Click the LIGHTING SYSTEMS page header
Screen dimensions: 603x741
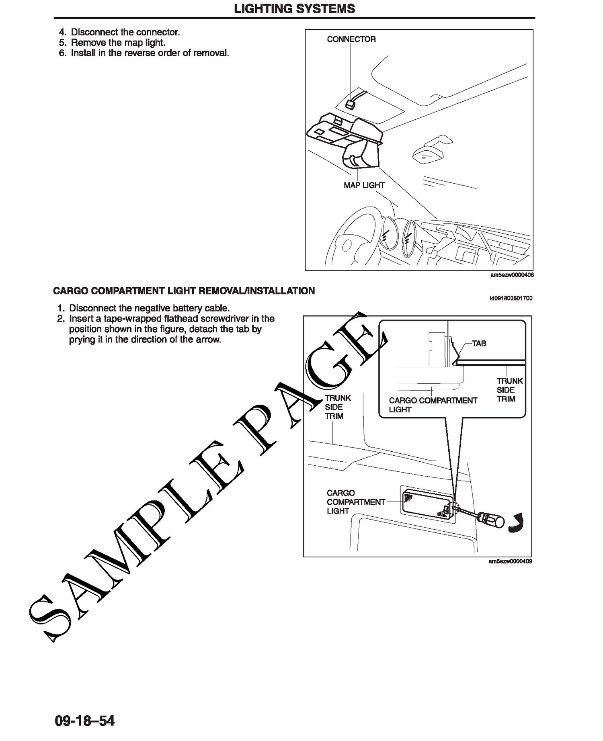coord(294,8)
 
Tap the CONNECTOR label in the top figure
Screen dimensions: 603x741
coord(351,39)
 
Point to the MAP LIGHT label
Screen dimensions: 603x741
coord(364,185)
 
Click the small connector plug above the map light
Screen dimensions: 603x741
coord(350,104)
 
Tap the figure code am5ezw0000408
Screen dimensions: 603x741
coord(511,275)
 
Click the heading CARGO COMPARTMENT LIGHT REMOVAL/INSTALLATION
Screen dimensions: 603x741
coord(184,291)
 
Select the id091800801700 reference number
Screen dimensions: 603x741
coord(511,298)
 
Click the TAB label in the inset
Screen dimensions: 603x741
coord(479,344)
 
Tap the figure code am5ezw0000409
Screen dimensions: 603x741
coord(511,561)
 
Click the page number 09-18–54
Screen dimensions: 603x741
coord(85,721)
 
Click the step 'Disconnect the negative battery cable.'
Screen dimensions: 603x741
coord(143,308)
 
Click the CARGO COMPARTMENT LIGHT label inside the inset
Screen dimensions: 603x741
coord(433,405)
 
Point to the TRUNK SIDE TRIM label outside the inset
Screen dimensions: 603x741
coord(338,407)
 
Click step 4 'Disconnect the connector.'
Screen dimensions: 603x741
coord(119,32)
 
